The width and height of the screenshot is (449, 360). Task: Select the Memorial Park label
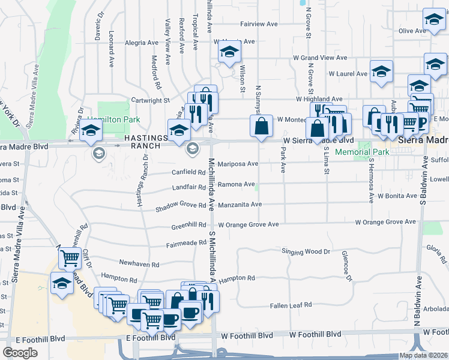[x=363, y=152]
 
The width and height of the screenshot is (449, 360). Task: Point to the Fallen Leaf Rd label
[x=291, y=305]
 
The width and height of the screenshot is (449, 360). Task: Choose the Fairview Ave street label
[x=259, y=25]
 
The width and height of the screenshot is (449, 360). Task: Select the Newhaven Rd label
[x=139, y=264]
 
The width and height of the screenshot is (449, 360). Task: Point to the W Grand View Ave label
[x=320, y=58]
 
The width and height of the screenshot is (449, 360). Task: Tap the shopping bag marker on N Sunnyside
[x=261, y=126]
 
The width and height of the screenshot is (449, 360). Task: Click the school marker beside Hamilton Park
[x=91, y=130]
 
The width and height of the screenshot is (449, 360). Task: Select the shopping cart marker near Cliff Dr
[x=70, y=259]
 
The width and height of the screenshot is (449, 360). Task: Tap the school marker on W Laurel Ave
[x=381, y=71]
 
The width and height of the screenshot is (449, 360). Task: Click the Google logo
[x=20, y=353]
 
